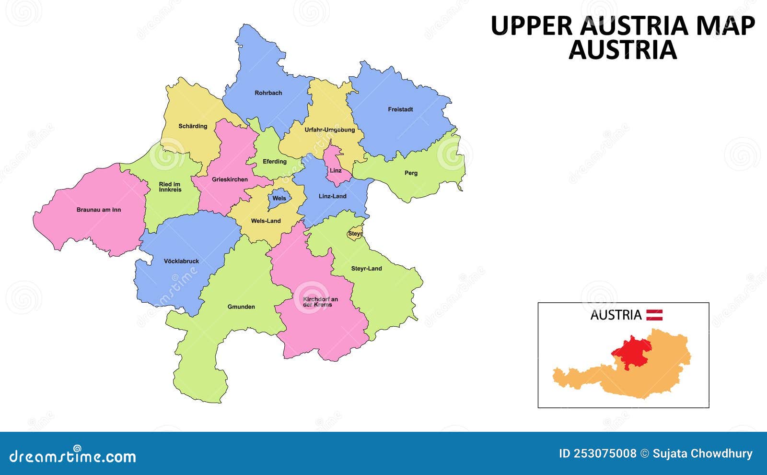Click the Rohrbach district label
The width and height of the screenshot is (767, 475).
[x=268, y=93]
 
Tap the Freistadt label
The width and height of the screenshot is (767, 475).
[x=400, y=109]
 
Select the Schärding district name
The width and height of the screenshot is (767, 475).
[x=193, y=126]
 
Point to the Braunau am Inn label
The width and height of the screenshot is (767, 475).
[x=99, y=210]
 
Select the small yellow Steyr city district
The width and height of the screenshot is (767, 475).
[x=355, y=234]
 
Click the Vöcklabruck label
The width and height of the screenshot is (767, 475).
[x=181, y=261]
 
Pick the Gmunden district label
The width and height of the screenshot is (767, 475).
[x=241, y=307]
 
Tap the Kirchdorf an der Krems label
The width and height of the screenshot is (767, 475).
[x=320, y=302]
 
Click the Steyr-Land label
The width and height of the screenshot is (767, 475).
[x=366, y=269]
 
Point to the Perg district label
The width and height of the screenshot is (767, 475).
[x=411, y=173]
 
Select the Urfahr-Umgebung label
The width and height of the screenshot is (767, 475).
[x=330, y=130]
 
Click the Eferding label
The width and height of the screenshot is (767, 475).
[x=275, y=162]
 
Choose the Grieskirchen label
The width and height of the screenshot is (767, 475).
[x=230, y=180]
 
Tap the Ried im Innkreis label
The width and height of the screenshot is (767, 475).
[x=170, y=187]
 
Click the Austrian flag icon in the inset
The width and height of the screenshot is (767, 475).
[x=654, y=315]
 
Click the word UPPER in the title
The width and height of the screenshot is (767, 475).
[x=532, y=26]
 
